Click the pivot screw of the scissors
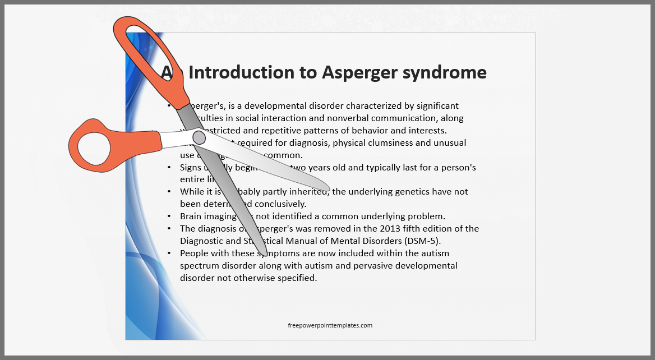tap(199, 137)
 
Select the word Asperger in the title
tap(360, 72)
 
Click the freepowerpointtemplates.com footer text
tap(330, 325)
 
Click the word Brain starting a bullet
tap(192, 216)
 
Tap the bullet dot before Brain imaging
tap(169, 216)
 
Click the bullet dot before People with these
tap(169, 253)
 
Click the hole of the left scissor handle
tap(94, 148)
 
